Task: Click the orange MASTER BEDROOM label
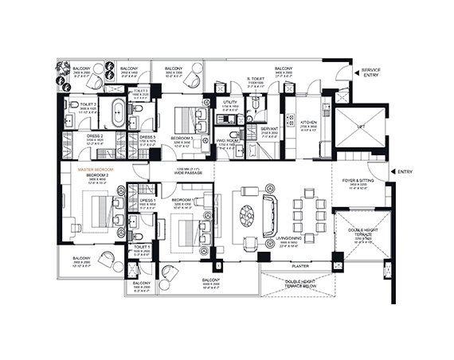(x=94, y=170)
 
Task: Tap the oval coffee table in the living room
(x=247, y=216)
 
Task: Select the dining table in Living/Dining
(x=308, y=215)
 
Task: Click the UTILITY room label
(x=231, y=103)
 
